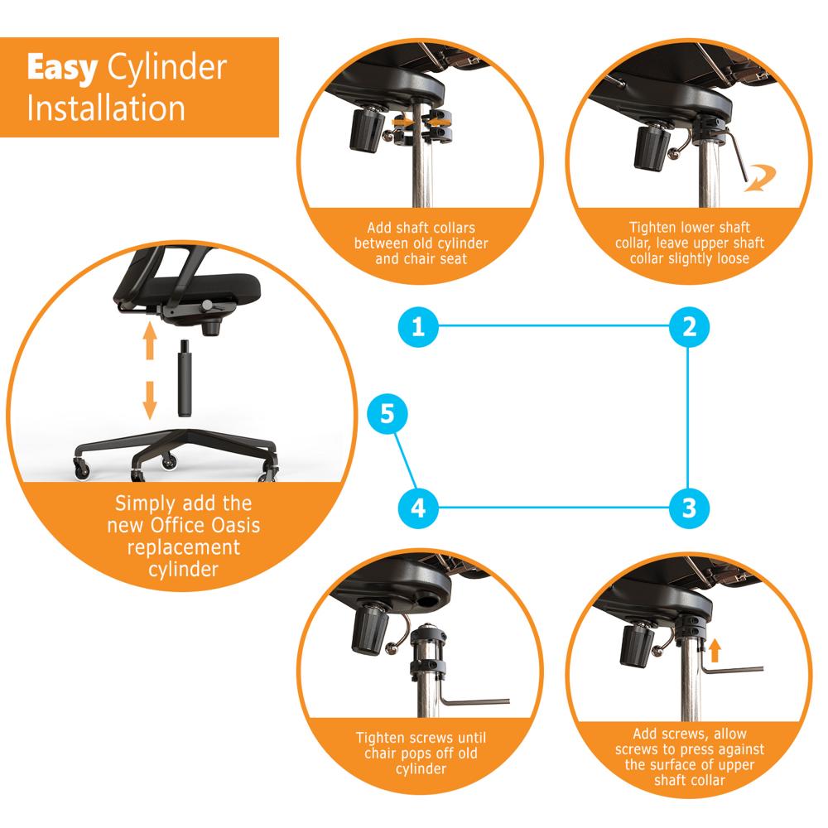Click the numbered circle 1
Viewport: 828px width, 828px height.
418,326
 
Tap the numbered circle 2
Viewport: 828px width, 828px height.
689,326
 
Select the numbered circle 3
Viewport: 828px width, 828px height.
689,507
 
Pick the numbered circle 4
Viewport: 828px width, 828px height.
418,507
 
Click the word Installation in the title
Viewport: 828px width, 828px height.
105,108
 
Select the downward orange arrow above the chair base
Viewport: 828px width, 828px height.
149,398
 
